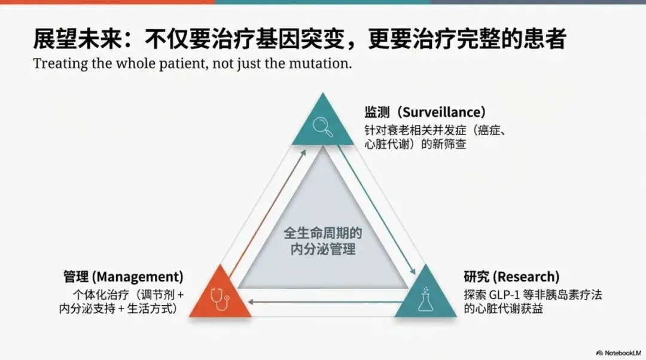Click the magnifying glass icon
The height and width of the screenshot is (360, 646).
click(x=323, y=126)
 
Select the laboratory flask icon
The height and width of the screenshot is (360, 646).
click(x=426, y=298)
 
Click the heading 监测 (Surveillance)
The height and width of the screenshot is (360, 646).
click(x=425, y=112)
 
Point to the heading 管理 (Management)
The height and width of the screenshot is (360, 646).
click(x=123, y=277)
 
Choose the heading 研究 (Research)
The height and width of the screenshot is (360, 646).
click(x=511, y=277)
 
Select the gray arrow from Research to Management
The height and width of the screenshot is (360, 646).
click(x=323, y=301)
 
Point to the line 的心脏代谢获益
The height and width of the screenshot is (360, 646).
click(x=503, y=309)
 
